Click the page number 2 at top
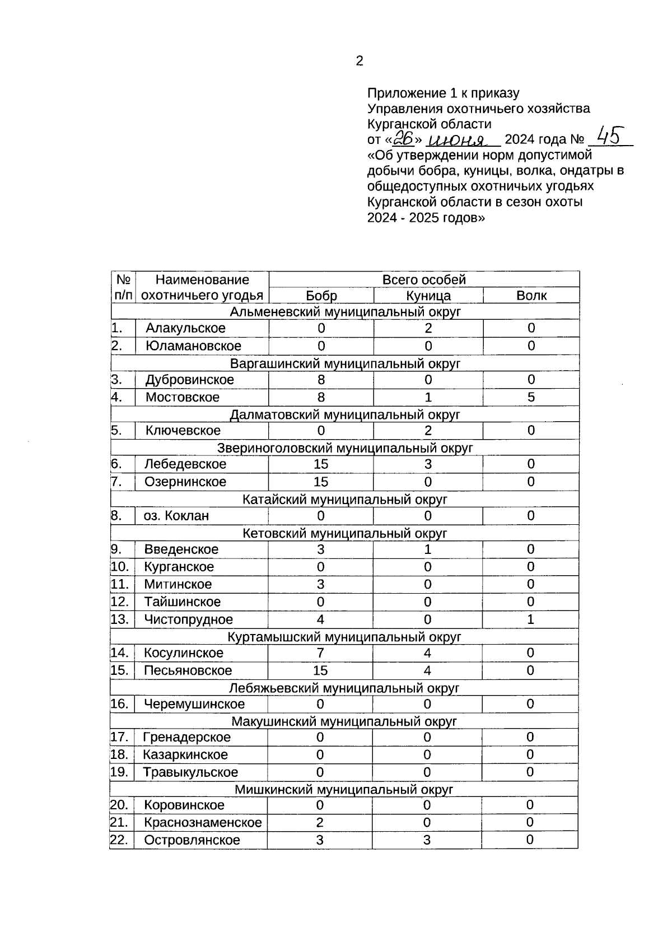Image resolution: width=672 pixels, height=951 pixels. pyautogui.click(x=359, y=61)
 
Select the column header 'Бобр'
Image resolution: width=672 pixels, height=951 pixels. pyautogui.click(x=321, y=296)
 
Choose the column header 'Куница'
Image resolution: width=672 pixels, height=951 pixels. pyautogui.click(x=428, y=296)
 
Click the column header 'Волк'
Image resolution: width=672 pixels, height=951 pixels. pyautogui.click(x=531, y=296)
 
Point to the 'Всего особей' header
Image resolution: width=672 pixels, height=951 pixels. pyautogui.click(x=424, y=279)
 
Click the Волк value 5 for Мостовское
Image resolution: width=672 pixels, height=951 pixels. pyautogui.click(x=531, y=397)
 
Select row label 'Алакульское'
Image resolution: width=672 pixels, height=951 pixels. pyautogui.click(x=185, y=328)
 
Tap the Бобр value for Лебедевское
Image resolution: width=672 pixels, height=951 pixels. pyautogui.click(x=321, y=464)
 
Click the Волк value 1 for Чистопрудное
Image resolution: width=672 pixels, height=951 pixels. pyautogui.click(x=530, y=619)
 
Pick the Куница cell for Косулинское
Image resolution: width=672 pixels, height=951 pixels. pyautogui.click(x=427, y=652)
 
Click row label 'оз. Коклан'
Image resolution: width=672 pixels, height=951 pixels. pyautogui.click(x=176, y=515)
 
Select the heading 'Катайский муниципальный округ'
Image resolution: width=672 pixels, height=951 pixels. pyautogui.click(x=345, y=499)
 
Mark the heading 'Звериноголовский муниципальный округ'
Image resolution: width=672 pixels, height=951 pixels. pyautogui.click(x=345, y=448)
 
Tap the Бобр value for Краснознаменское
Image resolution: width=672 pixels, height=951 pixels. pyautogui.click(x=320, y=822)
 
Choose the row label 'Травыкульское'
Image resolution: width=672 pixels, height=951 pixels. pyautogui.click(x=190, y=772)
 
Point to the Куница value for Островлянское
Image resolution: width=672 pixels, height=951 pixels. pyautogui.click(x=427, y=840)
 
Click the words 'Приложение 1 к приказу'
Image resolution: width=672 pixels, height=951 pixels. pyautogui.click(x=443, y=93)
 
